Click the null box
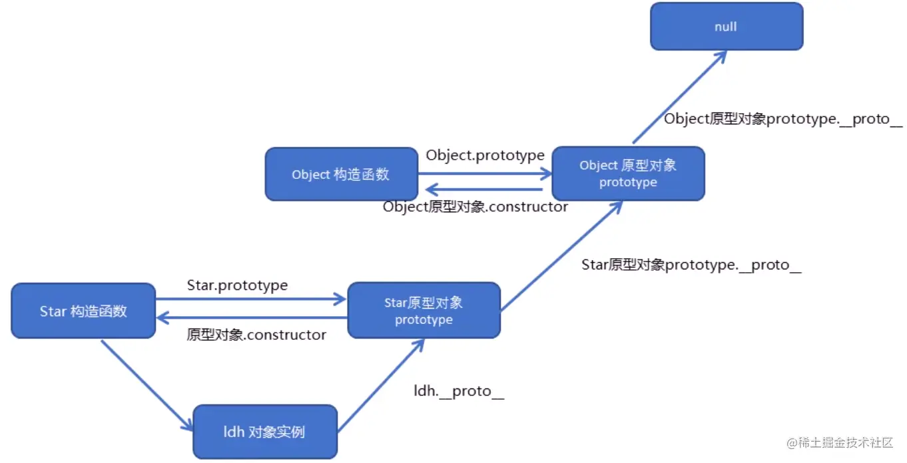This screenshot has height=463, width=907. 726,27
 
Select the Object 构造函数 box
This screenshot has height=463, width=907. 341,174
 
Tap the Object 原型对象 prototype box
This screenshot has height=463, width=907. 628,174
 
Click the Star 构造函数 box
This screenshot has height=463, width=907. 83,311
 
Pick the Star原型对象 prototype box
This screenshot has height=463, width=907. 424,311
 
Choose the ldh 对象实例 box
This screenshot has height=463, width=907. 264,432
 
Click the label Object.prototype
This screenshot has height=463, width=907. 485,156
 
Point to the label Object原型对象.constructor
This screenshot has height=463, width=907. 475,207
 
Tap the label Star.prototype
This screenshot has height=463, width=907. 237,285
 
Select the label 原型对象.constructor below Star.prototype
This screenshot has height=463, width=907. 256,335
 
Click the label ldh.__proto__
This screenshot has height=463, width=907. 459,391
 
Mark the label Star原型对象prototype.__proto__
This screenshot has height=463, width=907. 691,265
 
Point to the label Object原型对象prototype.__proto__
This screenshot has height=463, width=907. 783,120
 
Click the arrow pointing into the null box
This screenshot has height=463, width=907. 679,96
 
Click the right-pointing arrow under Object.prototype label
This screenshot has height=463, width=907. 485,174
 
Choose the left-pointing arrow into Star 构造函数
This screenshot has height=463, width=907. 252,317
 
